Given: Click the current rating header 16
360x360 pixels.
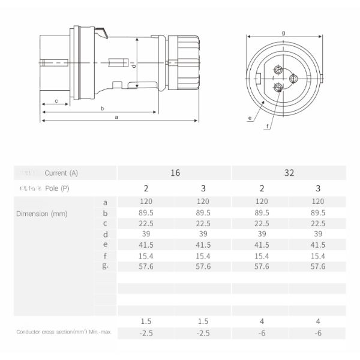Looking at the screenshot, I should (175, 173).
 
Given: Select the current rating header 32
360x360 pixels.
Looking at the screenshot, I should (289, 173).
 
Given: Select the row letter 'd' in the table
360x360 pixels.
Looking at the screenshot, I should (106, 234).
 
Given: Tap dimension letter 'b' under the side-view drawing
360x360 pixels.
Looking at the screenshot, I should (103, 109).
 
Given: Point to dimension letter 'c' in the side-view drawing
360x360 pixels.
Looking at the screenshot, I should (56, 100).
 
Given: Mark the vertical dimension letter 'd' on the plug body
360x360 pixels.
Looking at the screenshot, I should (134, 65).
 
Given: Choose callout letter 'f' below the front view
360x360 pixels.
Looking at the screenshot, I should (267, 126).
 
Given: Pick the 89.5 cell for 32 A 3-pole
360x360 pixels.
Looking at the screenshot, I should (317, 212).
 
